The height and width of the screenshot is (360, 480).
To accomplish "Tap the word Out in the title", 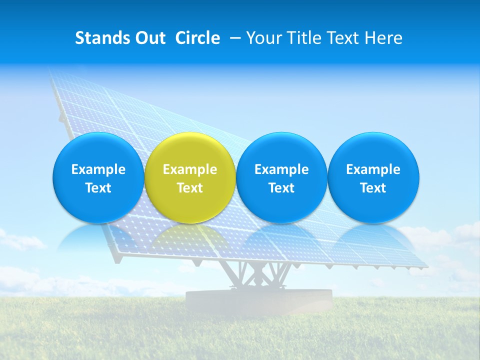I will pos(149,38).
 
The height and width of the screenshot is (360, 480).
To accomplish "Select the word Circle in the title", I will pos(197,38).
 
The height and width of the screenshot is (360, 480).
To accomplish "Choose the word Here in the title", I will pos(383,38).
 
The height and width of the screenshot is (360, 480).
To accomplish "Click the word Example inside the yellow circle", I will pos(190,169).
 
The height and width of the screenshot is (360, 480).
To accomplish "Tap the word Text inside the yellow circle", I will pos(190,188).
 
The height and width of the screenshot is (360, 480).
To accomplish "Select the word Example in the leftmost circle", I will pos(98,169).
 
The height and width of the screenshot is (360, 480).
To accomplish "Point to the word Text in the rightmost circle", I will pos(373,188).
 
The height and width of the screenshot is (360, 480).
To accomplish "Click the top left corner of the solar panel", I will pos(51,71).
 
